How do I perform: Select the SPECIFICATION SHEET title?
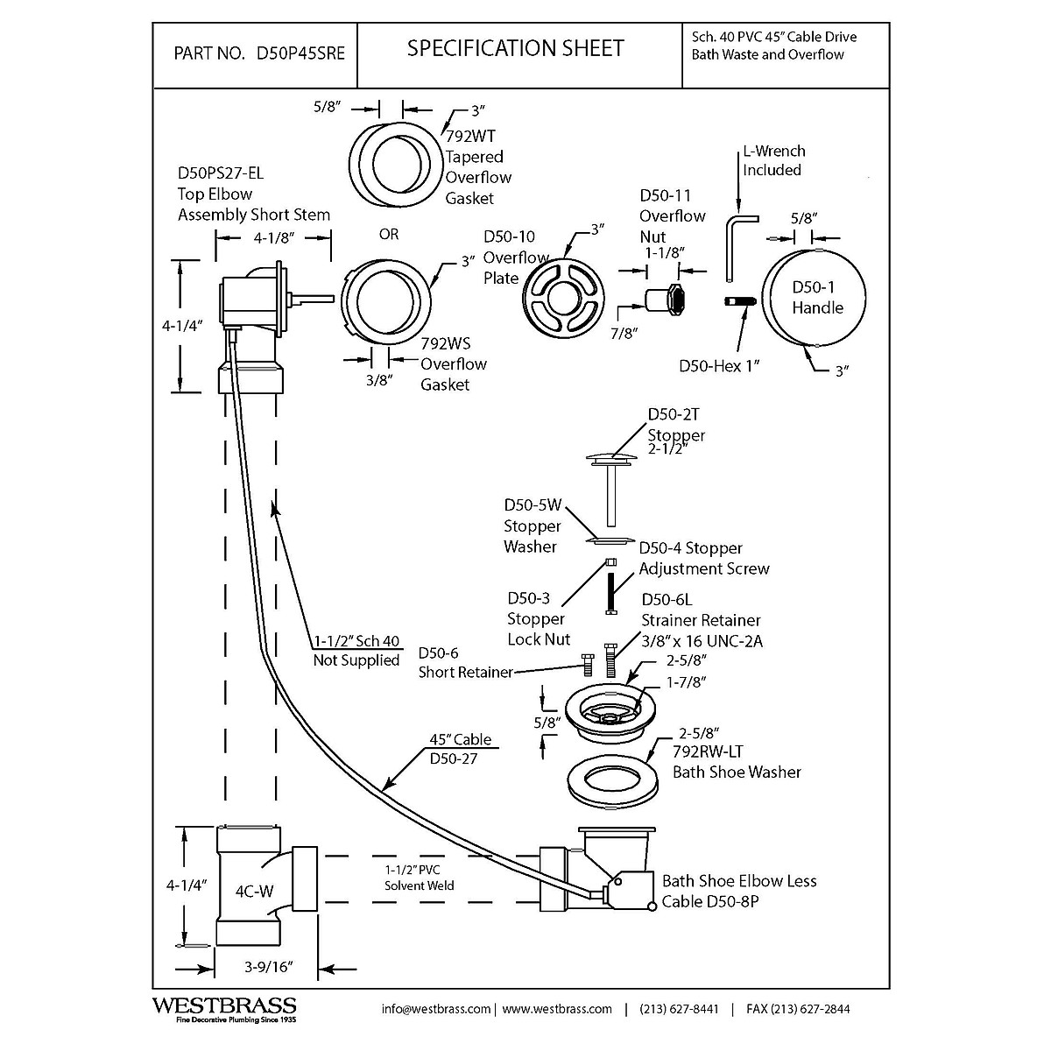coord(515,48)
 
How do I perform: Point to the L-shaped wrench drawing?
coord(736,245)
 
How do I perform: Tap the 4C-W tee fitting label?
coord(254,892)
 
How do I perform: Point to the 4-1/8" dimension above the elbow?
coord(272,236)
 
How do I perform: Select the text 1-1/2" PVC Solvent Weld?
coord(419,878)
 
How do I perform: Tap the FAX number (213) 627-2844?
coord(798,1009)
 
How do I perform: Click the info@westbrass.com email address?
coord(436,1009)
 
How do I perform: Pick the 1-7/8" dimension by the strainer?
coord(686,681)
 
